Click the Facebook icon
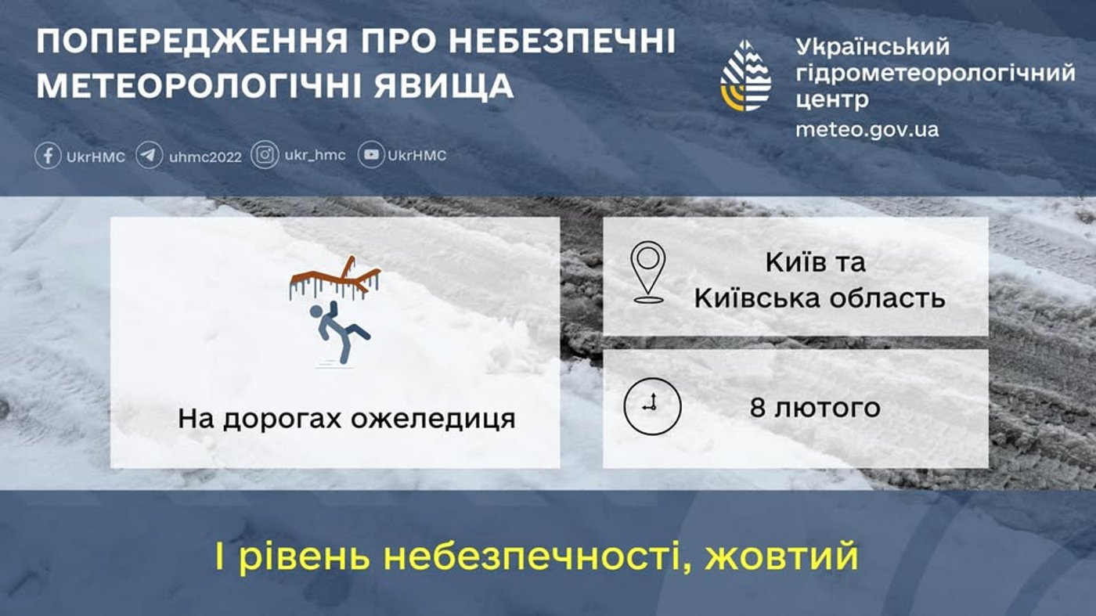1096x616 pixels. coord(48,155)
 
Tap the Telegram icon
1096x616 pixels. coord(150,155)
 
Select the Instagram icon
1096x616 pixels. coord(265,155)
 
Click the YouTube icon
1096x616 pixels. coord(371,155)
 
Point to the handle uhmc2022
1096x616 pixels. coord(205,156)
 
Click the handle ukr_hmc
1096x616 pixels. coord(315,155)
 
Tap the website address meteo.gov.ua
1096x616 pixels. coord(867,129)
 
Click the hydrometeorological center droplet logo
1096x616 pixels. coord(745,75)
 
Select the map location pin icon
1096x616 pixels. coord(648,272)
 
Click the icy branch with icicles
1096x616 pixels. coord(335,279)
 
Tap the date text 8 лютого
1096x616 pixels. coord(815,408)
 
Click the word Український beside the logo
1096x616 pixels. coord(872,46)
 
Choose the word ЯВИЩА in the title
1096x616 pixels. coord(433,85)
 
